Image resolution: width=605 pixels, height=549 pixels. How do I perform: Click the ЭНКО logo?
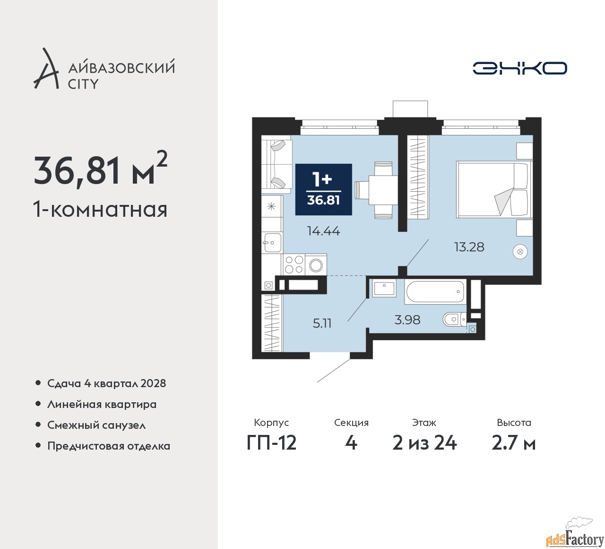pyautogui.click(x=519, y=68)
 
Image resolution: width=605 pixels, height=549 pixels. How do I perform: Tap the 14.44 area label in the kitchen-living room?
pyautogui.click(x=323, y=231)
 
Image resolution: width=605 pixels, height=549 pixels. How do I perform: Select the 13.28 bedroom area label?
pyautogui.click(x=469, y=247)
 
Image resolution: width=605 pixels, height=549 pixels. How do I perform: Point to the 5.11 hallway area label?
pyautogui.click(x=322, y=323)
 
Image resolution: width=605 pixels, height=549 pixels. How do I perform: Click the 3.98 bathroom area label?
pyautogui.click(x=407, y=319)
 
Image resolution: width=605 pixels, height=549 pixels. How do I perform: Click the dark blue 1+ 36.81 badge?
pyautogui.click(x=323, y=189)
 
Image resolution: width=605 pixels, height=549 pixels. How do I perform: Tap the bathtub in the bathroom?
pyautogui.click(x=435, y=292)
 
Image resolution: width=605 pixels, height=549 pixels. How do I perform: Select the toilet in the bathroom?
pyautogui.click(x=455, y=319)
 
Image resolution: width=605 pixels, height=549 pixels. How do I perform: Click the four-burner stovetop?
pyautogui.click(x=294, y=264)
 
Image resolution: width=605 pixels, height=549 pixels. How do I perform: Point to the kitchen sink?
pyautogui.click(x=273, y=242)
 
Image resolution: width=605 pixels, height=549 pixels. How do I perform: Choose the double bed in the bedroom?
pyautogui.click(x=494, y=189)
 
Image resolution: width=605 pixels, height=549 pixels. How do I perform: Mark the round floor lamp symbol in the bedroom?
pyautogui.click(x=520, y=251)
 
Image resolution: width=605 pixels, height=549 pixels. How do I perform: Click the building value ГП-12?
pyautogui.click(x=271, y=443)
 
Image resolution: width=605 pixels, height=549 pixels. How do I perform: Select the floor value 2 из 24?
pyautogui.click(x=424, y=443)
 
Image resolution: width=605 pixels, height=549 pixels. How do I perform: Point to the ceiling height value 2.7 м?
pyautogui.click(x=513, y=443)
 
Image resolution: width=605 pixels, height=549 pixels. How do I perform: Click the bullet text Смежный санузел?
pyautogui.click(x=96, y=425)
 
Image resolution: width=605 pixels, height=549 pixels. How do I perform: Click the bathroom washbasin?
pyautogui.click(x=384, y=288)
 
